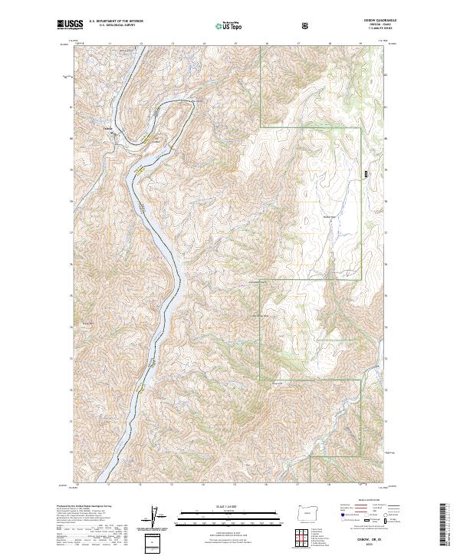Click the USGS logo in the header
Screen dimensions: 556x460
(71, 25)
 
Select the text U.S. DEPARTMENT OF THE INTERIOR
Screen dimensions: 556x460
(115, 23)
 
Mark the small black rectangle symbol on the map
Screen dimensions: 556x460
(366, 174)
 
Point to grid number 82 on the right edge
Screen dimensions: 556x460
(385, 74)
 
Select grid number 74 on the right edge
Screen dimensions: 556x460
(385, 327)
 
